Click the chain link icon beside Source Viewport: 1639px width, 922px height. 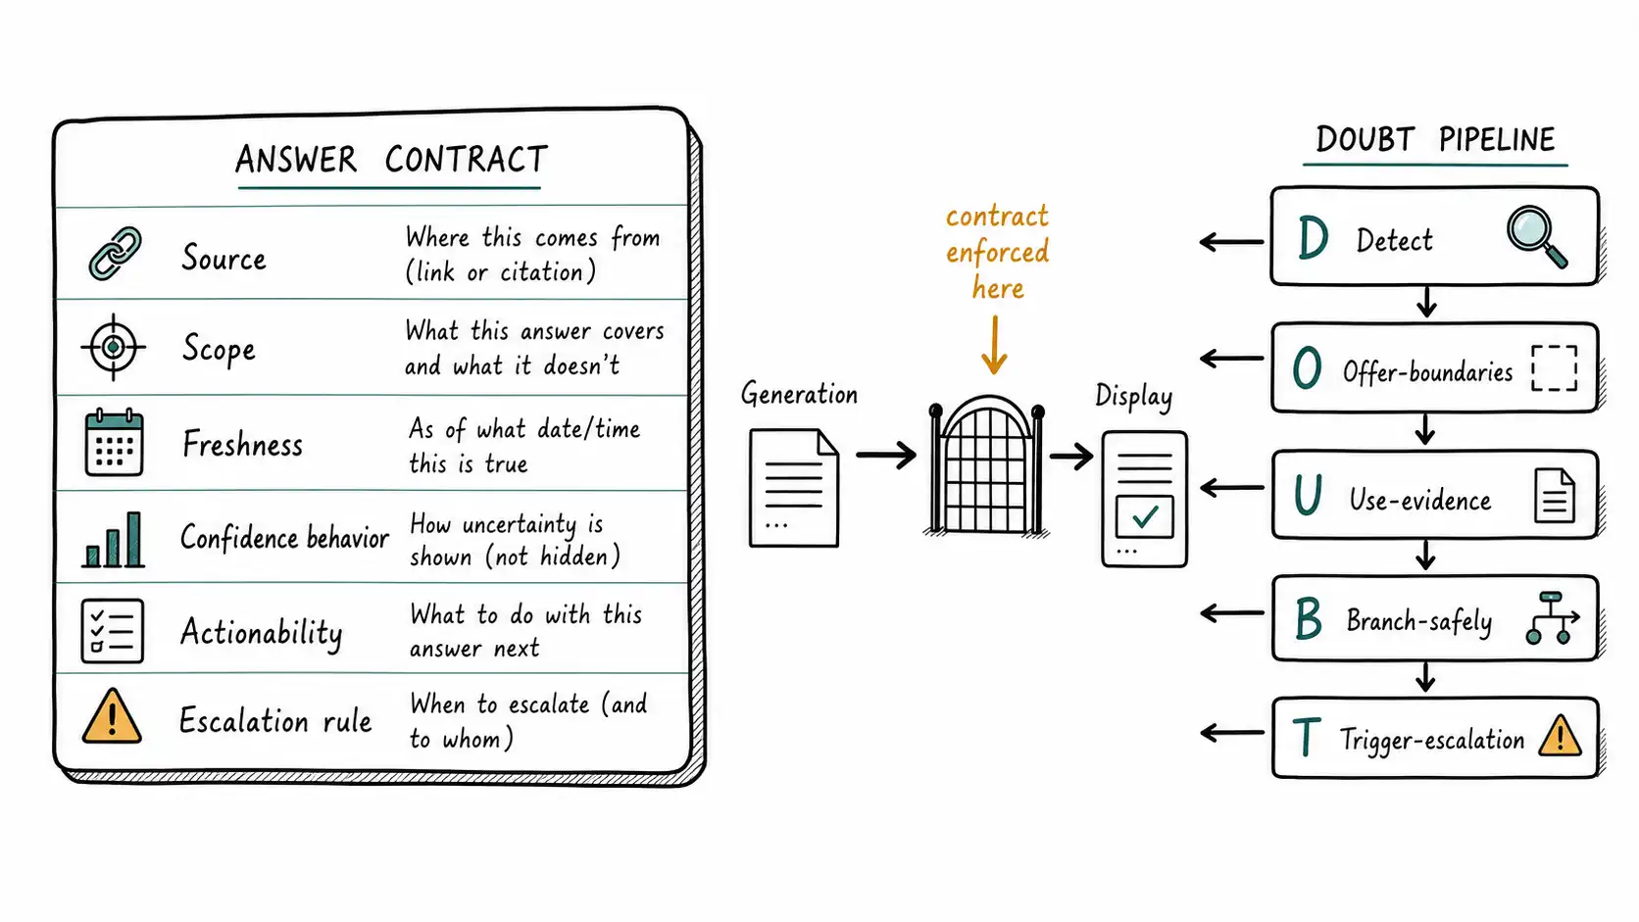115,254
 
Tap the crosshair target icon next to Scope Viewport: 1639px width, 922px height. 113,347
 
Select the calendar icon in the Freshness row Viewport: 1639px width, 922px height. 114,442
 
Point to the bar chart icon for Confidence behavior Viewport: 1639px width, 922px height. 113,540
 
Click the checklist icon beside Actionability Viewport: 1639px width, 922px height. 113,631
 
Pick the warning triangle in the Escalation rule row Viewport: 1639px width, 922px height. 112,716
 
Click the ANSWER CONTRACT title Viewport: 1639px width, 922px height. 391,160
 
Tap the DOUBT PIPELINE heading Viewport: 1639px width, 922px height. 1435,139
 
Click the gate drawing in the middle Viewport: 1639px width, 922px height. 986,465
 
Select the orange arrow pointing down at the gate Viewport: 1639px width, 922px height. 994,345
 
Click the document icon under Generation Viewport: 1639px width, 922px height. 794,488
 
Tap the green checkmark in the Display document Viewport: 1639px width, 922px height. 1145,516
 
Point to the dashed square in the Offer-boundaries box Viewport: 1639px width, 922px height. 1554,367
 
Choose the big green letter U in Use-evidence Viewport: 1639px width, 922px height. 1308,495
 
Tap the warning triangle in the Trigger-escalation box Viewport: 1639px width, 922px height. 1560,735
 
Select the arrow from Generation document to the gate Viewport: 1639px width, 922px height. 886,455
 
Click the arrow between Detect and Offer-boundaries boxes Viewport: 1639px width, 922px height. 1426,301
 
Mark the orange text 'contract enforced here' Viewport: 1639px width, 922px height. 997,252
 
